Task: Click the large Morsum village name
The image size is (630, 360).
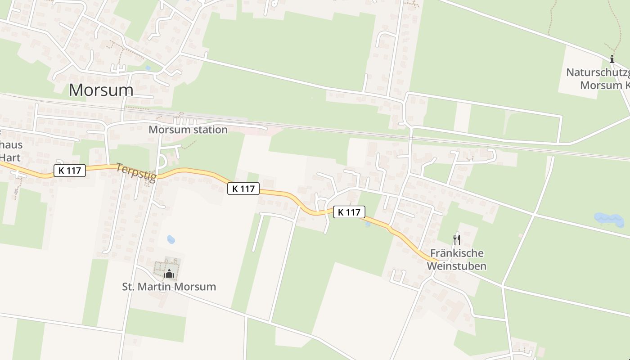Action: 101,90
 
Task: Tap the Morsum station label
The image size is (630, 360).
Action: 188,130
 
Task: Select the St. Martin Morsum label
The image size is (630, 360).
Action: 169,287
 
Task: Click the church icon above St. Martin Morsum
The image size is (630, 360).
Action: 169,273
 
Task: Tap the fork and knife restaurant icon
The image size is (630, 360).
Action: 456,239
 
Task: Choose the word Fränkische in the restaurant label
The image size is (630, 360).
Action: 457,253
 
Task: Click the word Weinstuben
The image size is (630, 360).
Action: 457,266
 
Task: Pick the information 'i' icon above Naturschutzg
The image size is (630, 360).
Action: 612,59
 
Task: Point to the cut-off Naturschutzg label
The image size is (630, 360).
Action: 597,72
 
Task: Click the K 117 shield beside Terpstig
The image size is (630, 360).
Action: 70,171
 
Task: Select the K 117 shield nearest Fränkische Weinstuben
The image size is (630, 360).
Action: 349,212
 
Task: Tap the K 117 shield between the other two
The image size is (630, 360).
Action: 243,189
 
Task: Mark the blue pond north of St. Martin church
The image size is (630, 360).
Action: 171,239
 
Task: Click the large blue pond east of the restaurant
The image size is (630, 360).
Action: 608,220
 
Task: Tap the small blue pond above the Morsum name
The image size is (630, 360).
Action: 148,68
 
